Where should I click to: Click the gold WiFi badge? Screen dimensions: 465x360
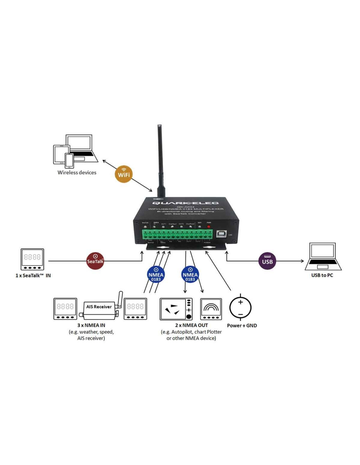point(124,174)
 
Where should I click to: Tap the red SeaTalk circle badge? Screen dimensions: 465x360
point(95,261)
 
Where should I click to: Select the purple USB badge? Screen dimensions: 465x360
point(267,261)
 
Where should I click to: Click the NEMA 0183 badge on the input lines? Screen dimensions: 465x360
point(156,275)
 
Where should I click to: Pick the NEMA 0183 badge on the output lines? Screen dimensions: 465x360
point(190,275)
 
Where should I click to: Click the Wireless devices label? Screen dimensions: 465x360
point(77,173)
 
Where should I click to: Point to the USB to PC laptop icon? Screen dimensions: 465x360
point(323,256)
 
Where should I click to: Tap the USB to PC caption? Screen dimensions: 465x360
point(322,275)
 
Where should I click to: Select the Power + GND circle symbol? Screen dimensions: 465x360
point(240,308)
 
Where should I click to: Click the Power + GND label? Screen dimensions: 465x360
point(242,326)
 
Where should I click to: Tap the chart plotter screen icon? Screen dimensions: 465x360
point(176,309)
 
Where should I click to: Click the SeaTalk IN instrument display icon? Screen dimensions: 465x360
point(32,259)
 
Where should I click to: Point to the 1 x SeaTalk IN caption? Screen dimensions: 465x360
point(33,276)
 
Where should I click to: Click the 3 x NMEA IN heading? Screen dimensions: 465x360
point(91,325)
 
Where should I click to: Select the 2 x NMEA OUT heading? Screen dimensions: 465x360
point(191,325)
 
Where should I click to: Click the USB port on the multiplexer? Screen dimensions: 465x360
point(221,233)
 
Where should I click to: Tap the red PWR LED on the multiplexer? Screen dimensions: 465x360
point(209,227)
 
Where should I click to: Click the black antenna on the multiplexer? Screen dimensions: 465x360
point(160,160)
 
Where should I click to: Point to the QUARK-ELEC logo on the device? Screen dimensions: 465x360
point(185,203)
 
